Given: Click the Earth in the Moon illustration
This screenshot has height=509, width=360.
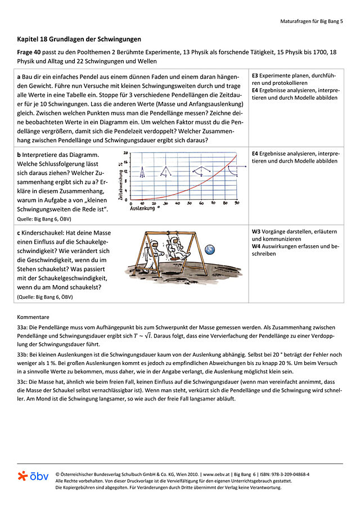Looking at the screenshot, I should pyautogui.click(x=210, y=249).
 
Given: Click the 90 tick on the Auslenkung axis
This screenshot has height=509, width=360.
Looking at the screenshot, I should pyautogui.click(x=236, y=203).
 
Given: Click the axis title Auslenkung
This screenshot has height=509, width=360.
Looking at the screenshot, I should pyautogui.click(x=144, y=208).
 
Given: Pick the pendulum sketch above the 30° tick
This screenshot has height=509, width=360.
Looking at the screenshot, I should pyautogui.click(x=166, y=170).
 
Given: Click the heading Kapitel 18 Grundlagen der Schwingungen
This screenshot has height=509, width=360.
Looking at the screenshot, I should pyautogui.click(x=79, y=39).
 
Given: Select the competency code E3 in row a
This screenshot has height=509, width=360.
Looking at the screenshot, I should pyautogui.click(x=255, y=75).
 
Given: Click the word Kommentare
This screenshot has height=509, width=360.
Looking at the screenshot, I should pyautogui.click(x=33, y=317).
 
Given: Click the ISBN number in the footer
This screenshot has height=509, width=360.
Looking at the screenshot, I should pyautogui.click(x=286, y=474).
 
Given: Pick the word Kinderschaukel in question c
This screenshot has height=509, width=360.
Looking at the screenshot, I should pyautogui.click(x=42, y=232).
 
